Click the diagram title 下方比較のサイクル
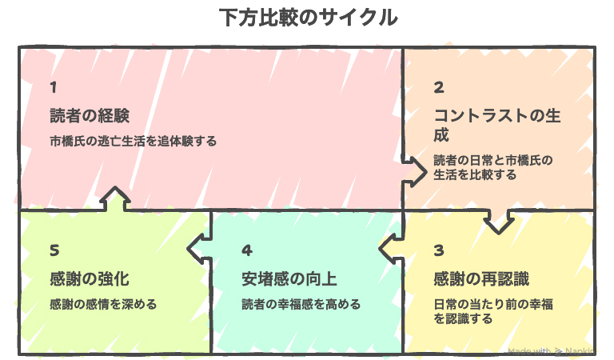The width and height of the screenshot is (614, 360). pyautogui.click(x=308, y=18)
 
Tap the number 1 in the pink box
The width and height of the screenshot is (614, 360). pyautogui.click(x=53, y=86)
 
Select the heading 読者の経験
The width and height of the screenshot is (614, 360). pyautogui.click(x=89, y=114)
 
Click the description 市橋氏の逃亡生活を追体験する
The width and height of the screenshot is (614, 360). pyautogui.click(x=133, y=141)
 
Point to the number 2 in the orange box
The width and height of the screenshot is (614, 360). pyautogui.click(x=439, y=87)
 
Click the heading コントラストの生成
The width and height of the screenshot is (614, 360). pyautogui.click(x=496, y=123)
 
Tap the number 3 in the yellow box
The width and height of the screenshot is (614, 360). pyautogui.click(x=438, y=251)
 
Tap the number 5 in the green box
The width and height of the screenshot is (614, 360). pyautogui.click(x=54, y=251)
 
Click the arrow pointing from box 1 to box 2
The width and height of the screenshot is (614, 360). pyautogui.click(x=415, y=170)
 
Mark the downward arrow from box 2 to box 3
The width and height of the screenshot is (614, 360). pyautogui.click(x=499, y=221)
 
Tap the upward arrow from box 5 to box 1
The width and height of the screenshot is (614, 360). pyautogui.click(x=116, y=200)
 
